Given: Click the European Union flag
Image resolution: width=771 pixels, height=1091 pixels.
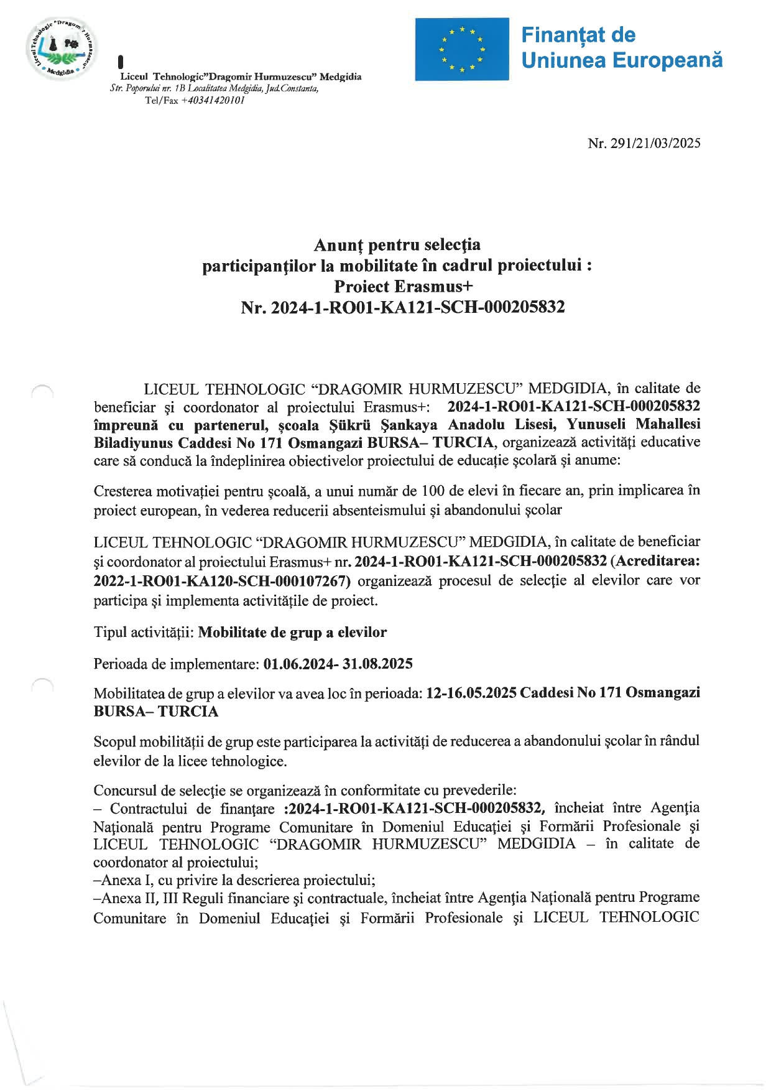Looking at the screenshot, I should click(462, 49).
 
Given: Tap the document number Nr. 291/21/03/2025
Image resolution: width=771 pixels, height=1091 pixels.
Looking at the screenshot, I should click(644, 144).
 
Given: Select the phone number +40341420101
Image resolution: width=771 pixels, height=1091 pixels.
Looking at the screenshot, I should click(213, 100).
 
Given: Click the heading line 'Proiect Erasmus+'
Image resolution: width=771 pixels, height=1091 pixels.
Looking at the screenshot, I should click(403, 287).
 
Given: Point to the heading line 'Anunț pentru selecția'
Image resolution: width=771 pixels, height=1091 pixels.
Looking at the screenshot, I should click(397, 245).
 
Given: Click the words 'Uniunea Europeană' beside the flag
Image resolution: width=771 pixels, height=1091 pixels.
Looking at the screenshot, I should click(622, 60).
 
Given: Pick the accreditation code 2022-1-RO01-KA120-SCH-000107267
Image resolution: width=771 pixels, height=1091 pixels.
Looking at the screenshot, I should click(221, 581).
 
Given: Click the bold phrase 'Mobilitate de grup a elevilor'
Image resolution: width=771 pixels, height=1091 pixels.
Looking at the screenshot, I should click(292, 633).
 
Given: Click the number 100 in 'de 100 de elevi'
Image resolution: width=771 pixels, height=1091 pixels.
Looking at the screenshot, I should click(433, 491).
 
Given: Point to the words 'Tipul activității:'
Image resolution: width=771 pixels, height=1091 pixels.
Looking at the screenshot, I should click(144, 633).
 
